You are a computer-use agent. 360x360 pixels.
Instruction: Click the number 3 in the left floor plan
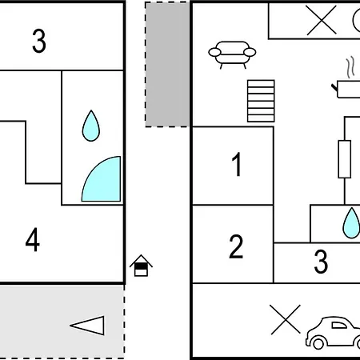39,41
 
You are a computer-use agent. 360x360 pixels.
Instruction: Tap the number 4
33,239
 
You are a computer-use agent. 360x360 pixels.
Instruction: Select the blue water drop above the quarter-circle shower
91,126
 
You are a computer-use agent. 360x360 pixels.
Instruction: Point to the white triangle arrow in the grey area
87,326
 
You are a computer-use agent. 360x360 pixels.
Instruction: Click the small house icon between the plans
141,266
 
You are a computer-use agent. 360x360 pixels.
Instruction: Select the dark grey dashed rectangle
167,64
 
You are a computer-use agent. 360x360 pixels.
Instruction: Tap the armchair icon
232,54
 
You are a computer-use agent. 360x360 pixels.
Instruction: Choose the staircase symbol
261,101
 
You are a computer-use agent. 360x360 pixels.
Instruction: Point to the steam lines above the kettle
350,67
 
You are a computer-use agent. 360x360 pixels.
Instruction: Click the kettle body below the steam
348,90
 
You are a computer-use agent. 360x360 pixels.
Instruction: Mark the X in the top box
322,20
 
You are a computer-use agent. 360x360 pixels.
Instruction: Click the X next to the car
285,319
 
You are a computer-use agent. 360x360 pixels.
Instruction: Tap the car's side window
339,326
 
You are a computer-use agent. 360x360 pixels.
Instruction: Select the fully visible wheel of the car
318,343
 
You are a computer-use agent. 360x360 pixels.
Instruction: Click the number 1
237,164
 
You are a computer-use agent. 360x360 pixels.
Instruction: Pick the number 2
236,246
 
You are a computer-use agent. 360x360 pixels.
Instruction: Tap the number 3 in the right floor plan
321,262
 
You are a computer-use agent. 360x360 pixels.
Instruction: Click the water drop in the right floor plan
351,223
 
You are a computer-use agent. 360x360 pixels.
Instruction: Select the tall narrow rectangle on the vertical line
345,159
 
